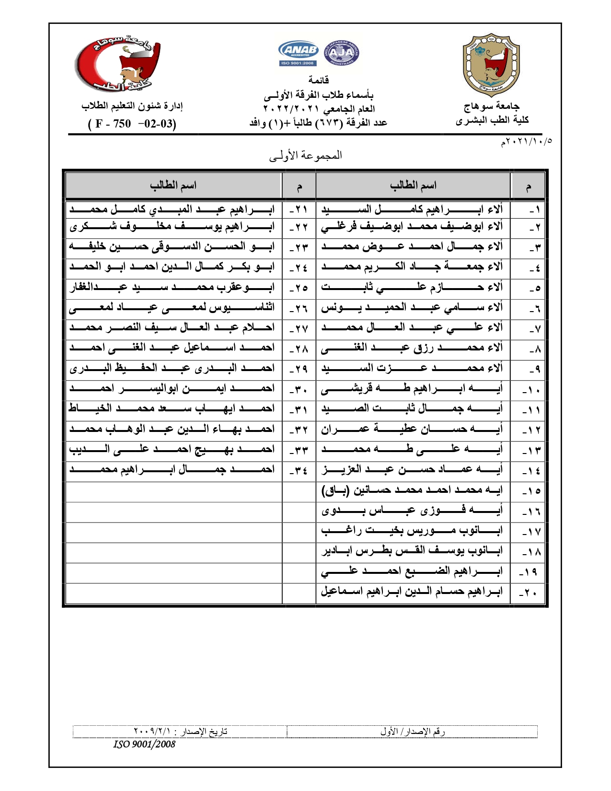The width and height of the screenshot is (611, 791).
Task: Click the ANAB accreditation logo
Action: tap(298, 53)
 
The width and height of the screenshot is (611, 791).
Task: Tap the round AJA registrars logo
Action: tap(342, 53)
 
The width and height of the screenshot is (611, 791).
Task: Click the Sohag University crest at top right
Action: tap(491, 65)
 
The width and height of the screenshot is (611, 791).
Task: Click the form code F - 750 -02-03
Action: tap(132, 124)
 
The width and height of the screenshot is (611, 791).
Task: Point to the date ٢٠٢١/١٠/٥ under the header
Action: tap(526, 142)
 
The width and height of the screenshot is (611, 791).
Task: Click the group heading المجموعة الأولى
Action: tap(305, 155)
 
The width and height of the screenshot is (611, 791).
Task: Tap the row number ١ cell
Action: tap(528, 209)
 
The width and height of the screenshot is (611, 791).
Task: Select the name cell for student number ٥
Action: tap(413, 287)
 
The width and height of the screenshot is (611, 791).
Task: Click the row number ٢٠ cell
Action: tap(528, 593)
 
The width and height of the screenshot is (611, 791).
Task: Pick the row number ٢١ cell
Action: tap(299, 209)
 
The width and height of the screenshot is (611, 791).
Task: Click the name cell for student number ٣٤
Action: tap(173, 469)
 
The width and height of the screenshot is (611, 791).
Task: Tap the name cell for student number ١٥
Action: tap(413, 490)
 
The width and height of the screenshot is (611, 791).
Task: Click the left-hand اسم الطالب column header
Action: tap(173, 186)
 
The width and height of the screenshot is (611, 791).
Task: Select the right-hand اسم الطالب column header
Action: tap(413, 186)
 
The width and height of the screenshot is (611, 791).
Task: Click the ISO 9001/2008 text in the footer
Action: tap(144, 744)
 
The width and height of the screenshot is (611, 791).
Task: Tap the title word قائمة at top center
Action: tap(319, 80)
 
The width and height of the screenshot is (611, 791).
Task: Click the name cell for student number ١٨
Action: tap(413, 551)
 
